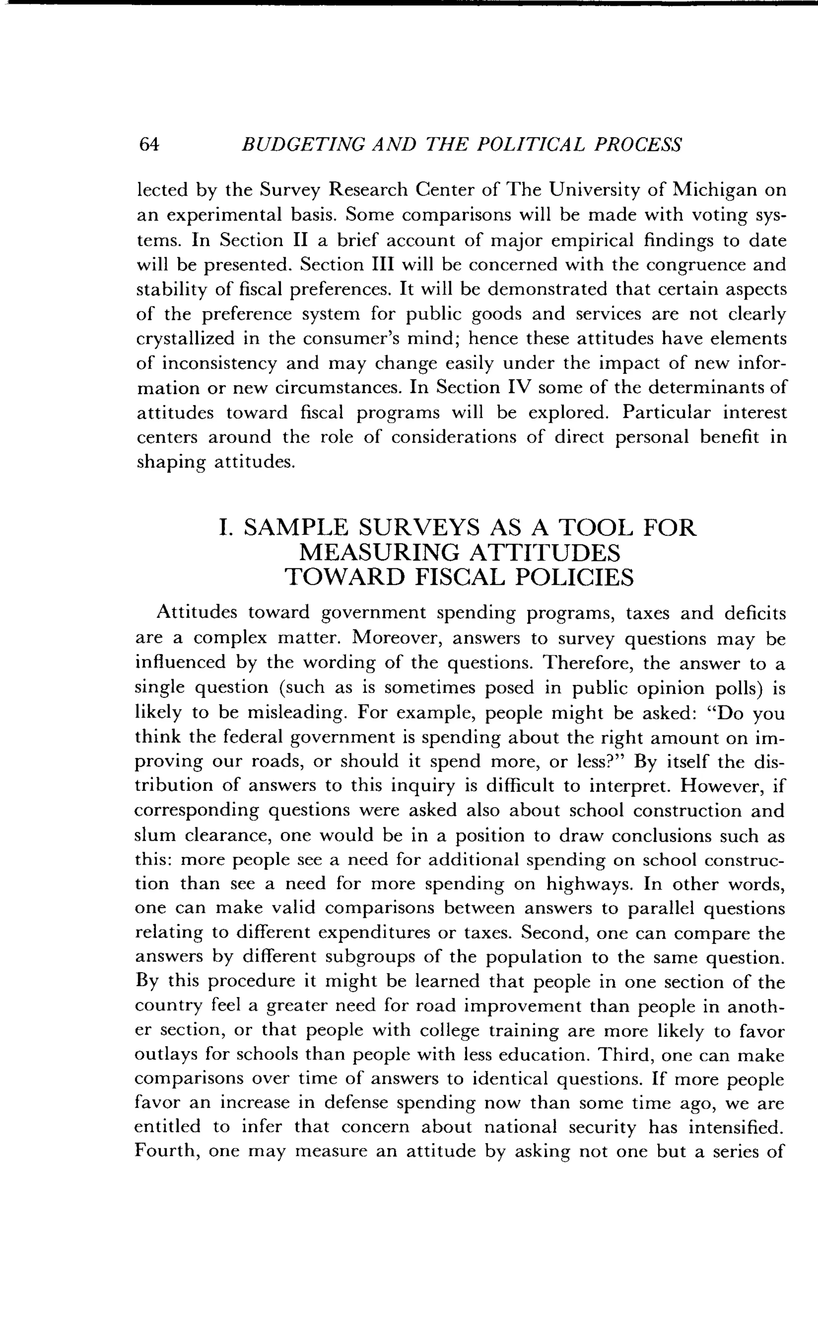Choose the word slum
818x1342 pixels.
(155, 836)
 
